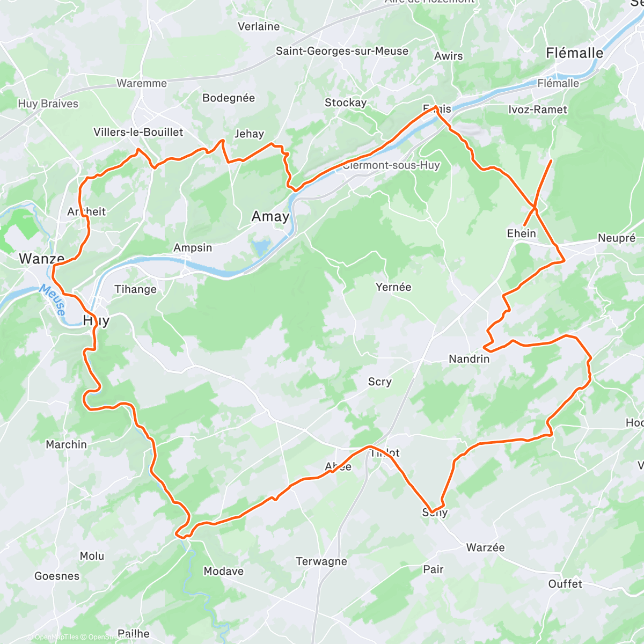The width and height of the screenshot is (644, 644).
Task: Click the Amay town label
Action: [270, 216]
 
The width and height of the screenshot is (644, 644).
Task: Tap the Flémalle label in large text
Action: [574, 53]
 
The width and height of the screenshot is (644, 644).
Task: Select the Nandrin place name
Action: [469, 359]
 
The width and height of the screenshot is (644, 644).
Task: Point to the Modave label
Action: [223, 572]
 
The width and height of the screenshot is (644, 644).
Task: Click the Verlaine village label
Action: [259, 27]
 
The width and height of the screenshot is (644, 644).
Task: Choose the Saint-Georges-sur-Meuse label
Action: [342, 51]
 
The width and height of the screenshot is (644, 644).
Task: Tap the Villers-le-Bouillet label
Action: [138, 132]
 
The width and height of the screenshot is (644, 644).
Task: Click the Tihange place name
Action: [135, 290]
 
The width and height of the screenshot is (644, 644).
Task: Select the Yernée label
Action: [393, 287]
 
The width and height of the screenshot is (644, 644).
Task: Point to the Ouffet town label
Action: [565, 584]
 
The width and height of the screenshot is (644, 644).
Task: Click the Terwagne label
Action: [321, 562]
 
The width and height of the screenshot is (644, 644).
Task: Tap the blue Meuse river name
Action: [53, 300]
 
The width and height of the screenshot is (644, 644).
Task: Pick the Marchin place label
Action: [66, 445]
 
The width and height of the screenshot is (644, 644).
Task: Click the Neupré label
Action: [617, 238]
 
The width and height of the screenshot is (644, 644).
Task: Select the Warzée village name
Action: [485, 548]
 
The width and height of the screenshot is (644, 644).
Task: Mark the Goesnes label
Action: [57, 576]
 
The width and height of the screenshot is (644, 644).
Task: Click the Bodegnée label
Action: [229, 98]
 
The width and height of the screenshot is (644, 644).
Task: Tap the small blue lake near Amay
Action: [261, 247]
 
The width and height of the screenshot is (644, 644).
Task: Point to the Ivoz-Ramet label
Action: [537, 110]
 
